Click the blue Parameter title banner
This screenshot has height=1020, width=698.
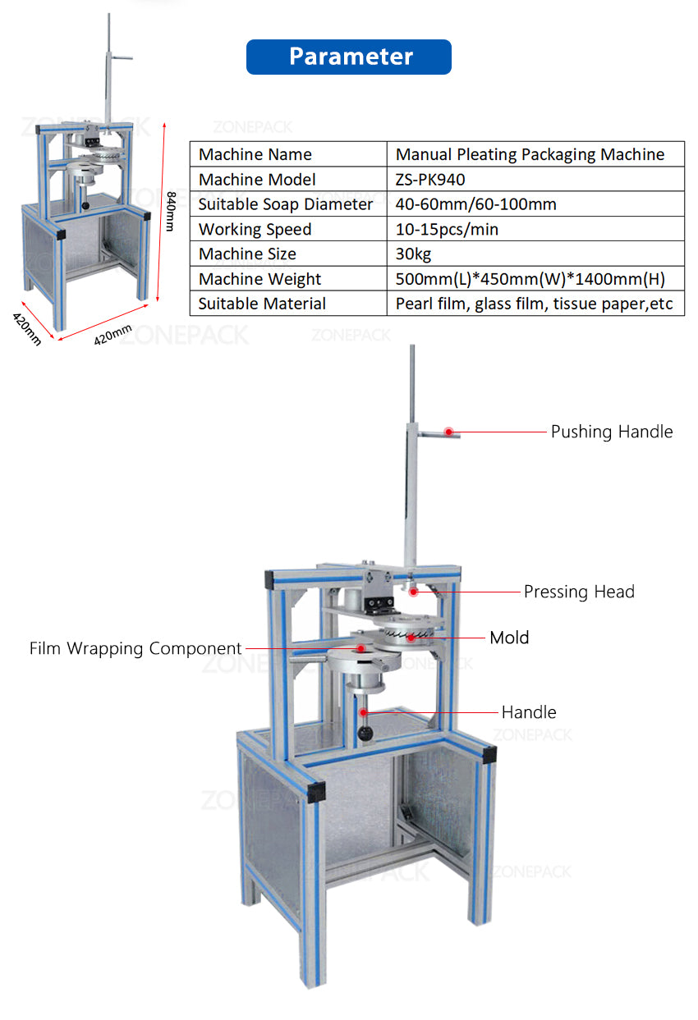coord(349,57)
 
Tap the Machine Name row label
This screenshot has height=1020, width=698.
coord(255,154)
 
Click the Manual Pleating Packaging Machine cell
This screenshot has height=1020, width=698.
coord(530,154)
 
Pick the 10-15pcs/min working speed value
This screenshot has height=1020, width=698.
coord(447,229)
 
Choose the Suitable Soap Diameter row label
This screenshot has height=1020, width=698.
coord(286,204)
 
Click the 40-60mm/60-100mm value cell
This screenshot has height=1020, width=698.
coord(475,204)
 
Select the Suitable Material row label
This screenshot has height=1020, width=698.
coord(262,304)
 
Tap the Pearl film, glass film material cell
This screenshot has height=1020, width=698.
coord(534,304)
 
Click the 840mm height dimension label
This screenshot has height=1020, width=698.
coord(172,211)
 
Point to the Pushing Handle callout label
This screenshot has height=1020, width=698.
coord(611,432)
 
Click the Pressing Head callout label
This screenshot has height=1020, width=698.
coord(579,592)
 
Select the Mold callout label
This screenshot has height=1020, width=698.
coord(509,638)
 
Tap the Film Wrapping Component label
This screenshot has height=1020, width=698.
coord(135,648)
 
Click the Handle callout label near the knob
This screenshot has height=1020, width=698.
coord(529,712)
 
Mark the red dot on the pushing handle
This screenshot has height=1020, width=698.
coord(449,431)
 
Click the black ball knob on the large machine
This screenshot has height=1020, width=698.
coord(363,731)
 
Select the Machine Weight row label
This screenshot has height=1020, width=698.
coord(259,279)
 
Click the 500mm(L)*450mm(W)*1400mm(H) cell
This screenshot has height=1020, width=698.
coord(530,279)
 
